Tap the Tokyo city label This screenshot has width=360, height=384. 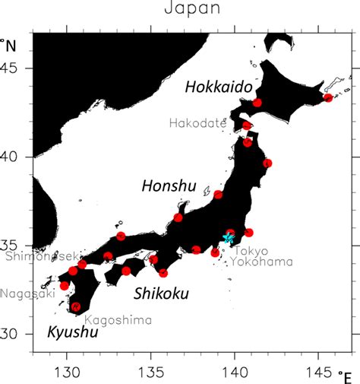[x=251, y=251]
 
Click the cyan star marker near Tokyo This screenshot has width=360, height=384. [x=229, y=239]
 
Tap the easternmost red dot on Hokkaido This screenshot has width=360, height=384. [x=327, y=98]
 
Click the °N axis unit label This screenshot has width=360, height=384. [x=11, y=44]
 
